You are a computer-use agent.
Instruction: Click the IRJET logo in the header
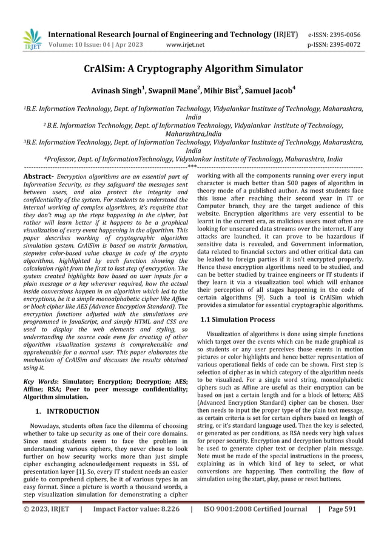click(32, 39)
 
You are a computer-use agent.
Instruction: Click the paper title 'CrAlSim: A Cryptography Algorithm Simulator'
click(193, 67)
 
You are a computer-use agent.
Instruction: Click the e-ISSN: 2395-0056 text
click(334, 36)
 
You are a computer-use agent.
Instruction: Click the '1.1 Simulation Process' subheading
click(237, 319)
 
